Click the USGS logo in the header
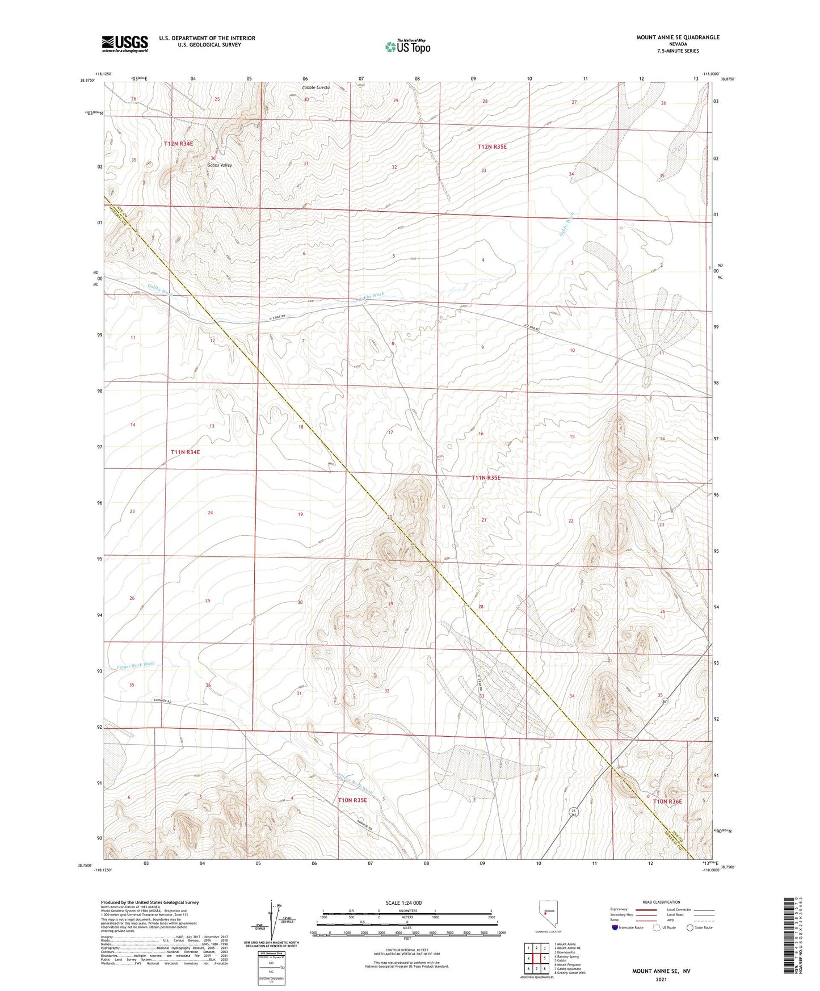click(x=125, y=43)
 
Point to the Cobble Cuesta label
click(x=316, y=87)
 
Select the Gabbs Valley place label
click(x=219, y=165)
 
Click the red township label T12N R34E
click(x=179, y=144)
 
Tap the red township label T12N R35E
click(x=492, y=146)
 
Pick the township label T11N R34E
click(x=186, y=452)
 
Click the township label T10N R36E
click(x=667, y=801)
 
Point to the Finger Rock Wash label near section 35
click(x=136, y=664)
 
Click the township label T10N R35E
click(x=352, y=800)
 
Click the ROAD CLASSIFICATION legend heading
click(x=661, y=902)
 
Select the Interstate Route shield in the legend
click(x=615, y=927)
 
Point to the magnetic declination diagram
click(x=276, y=922)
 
